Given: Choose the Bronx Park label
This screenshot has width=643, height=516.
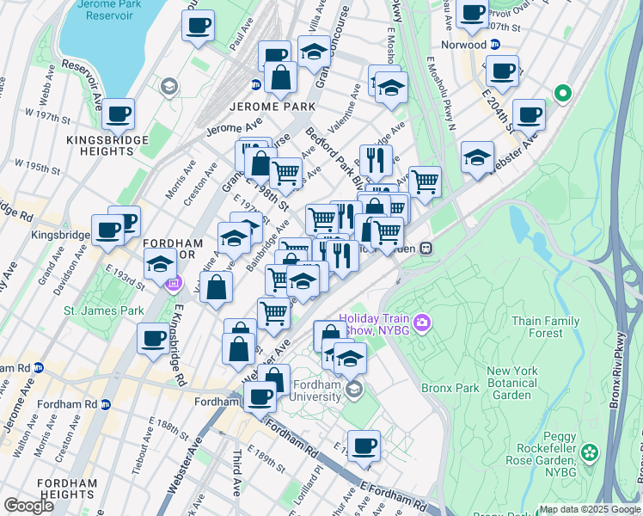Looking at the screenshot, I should coord(450,388).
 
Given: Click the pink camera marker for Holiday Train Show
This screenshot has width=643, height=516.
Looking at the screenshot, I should coord(421,323).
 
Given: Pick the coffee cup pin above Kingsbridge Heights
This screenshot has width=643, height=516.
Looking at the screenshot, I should coord(118,113).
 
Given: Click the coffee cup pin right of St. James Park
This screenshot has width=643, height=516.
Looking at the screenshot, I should coord(154,337).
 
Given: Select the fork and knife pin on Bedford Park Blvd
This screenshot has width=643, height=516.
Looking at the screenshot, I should coord(376,159).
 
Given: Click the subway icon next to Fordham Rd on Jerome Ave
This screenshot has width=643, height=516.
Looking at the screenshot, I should coord(105,404).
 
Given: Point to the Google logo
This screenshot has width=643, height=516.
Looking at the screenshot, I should coord(29,506).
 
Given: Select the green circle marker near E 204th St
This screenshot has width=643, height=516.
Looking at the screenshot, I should coord(563,92).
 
